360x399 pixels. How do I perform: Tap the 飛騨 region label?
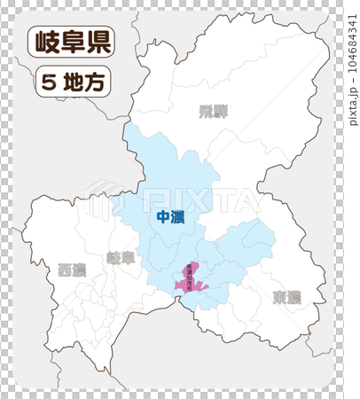tap(213, 111)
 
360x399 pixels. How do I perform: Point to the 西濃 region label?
tap(72, 270)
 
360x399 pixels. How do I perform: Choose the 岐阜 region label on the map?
tap(121, 258)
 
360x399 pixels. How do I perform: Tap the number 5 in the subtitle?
tap(48, 83)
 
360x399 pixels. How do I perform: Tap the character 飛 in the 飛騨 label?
tap(206, 111)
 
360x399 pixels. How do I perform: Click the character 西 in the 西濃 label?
tap(65, 270)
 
